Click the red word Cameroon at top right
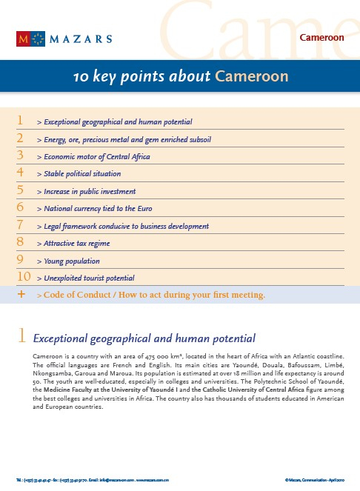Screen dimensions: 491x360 322,37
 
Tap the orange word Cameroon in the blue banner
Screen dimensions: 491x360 251,77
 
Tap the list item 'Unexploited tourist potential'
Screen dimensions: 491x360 90,278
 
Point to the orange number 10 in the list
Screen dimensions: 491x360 22,276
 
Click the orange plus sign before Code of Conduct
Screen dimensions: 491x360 21,295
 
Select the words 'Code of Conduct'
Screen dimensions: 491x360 77,295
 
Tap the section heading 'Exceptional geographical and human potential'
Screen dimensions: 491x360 144,338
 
